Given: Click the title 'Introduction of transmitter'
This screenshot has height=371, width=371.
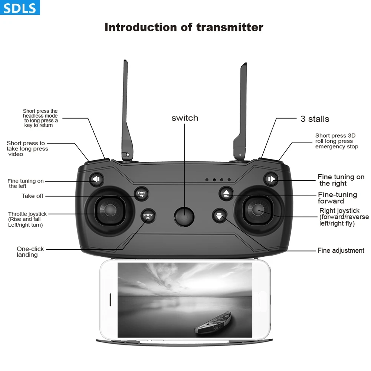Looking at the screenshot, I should pos(184,27).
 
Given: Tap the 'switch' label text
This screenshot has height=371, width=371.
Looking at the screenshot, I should pos(185,118).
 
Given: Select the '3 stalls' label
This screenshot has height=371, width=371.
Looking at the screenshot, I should pos(315,119).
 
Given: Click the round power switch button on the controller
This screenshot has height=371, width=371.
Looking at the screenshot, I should pos(184,216).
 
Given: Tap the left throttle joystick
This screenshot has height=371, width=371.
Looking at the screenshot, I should pos(109,210).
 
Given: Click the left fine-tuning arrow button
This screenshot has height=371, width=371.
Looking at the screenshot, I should pos(96,180).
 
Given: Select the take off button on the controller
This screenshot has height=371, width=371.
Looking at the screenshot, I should pos(141,193).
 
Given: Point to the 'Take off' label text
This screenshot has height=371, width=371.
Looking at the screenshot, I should pos(32,196).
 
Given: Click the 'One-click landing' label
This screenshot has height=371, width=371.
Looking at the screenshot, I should pos(30,252).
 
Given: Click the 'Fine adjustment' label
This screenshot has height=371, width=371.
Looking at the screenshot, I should pos(341,250).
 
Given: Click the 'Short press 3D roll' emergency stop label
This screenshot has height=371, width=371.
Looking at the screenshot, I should pos(336,141).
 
